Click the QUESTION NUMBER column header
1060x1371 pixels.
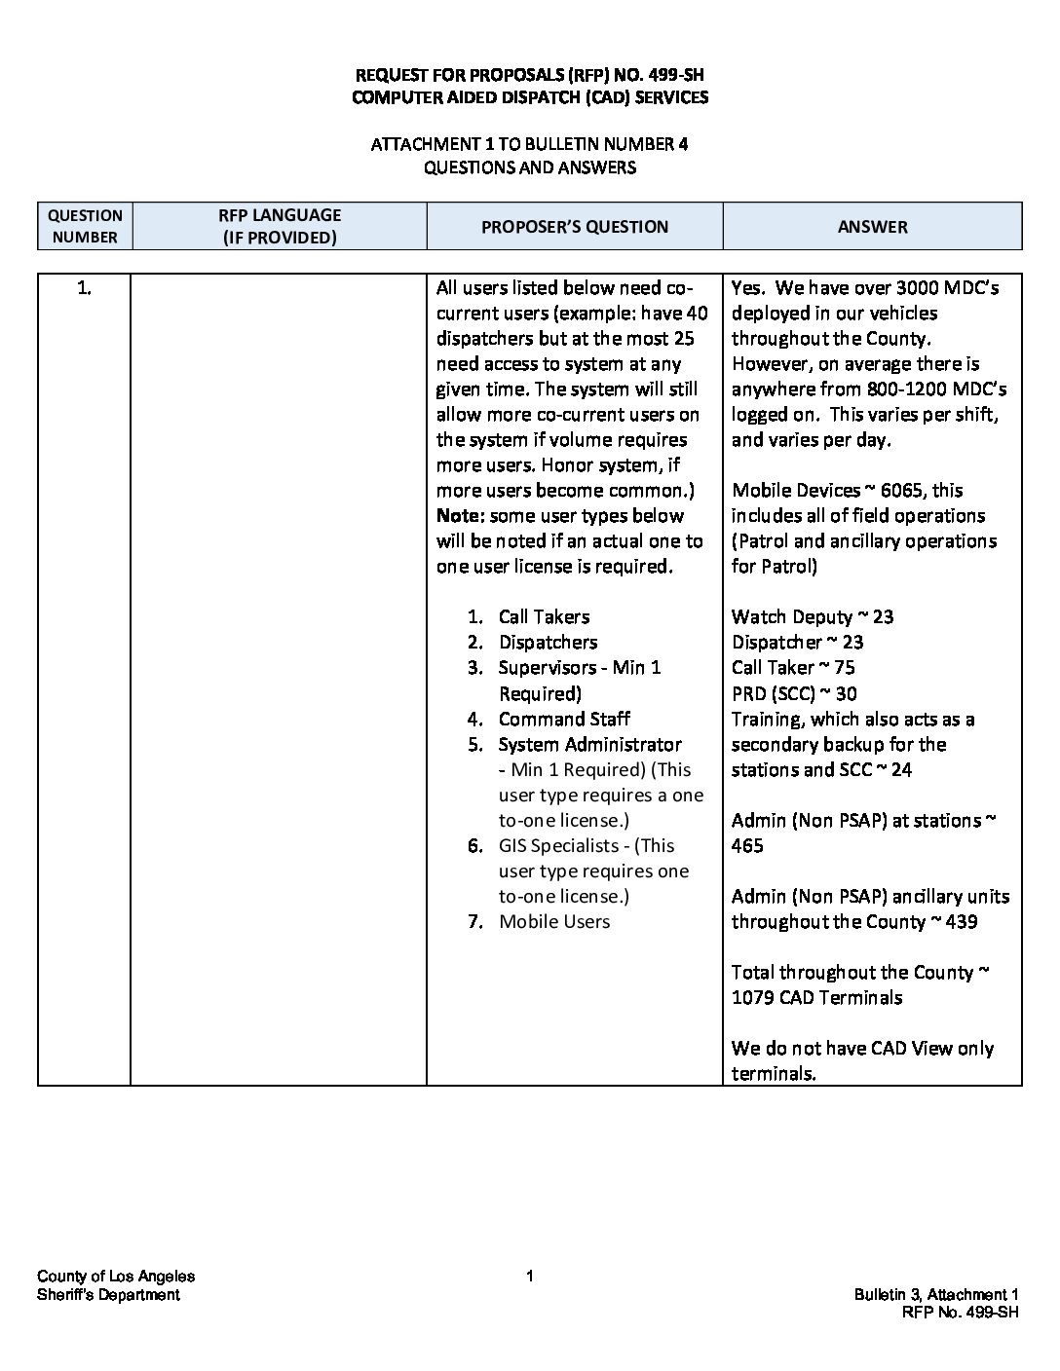(85, 226)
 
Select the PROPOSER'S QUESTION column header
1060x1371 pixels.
(574, 227)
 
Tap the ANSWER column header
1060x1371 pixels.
(872, 227)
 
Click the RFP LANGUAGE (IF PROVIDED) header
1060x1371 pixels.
(279, 226)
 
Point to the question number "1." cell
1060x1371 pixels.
(84, 287)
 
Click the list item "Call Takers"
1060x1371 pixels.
(544, 616)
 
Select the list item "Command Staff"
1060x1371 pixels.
(564, 719)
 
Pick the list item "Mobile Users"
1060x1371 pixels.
(554, 921)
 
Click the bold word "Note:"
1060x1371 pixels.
(460, 515)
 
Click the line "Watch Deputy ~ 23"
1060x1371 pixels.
(812, 616)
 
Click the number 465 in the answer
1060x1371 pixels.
(747, 845)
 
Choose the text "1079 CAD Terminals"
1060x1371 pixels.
(816, 997)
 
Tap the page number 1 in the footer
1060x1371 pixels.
(530, 1277)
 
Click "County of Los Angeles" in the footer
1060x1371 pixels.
(116, 1277)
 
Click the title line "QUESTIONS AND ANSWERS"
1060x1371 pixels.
(529, 167)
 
